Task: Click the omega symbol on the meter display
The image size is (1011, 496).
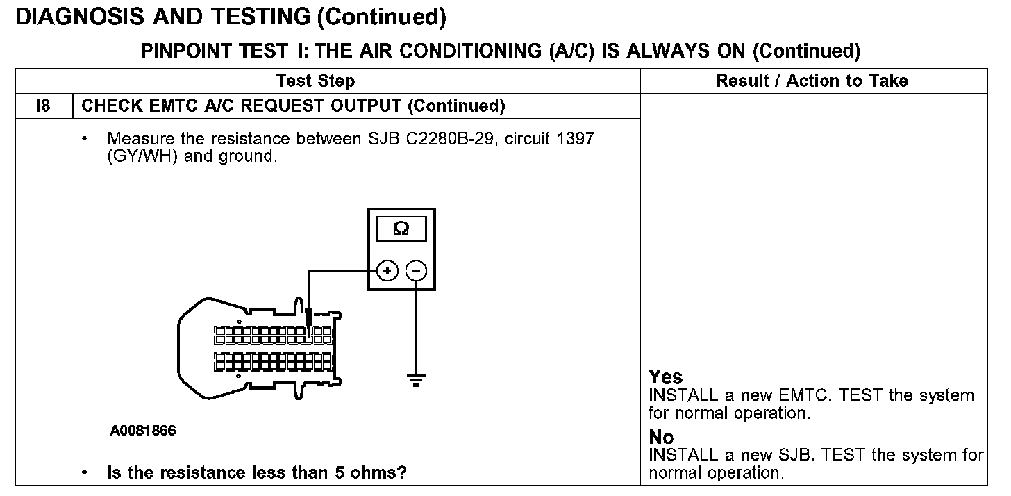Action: pyautogui.click(x=401, y=229)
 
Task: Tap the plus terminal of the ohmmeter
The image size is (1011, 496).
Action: pyautogui.click(x=387, y=271)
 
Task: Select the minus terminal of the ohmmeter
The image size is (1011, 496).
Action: pyautogui.click(x=415, y=271)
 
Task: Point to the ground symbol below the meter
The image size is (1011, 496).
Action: pyautogui.click(x=415, y=379)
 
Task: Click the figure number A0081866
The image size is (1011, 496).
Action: pyautogui.click(x=142, y=431)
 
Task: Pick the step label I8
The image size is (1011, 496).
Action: pyautogui.click(x=43, y=106)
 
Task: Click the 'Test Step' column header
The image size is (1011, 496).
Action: pyautogui.click(x=315, y=81)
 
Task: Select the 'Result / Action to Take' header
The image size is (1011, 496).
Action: pyautogui.click(x=812, y=81)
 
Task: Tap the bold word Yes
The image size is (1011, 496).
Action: pyautogui.click(x=666, y=377)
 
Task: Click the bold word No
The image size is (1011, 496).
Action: pyautogui.click(x=661, y=437)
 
